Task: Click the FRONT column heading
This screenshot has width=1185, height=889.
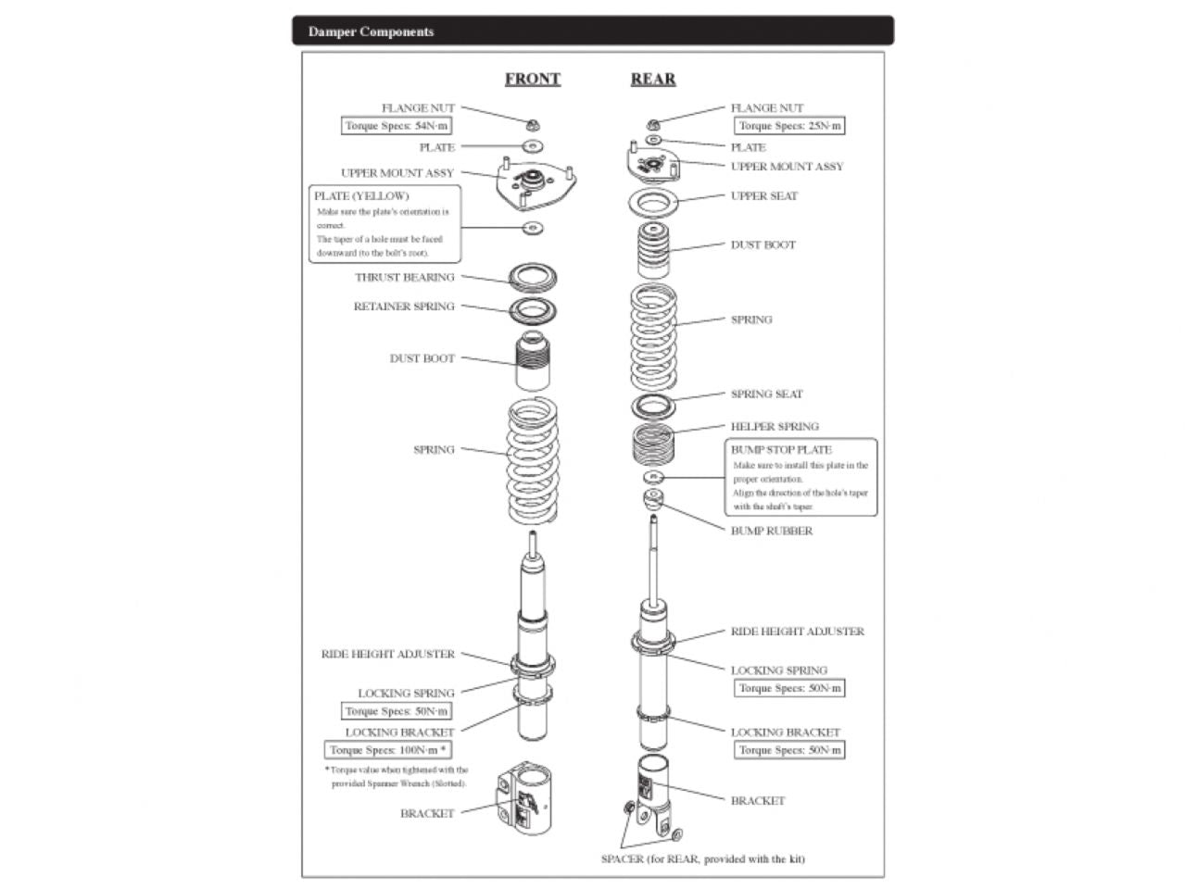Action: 532,80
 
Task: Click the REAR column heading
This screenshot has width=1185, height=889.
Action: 652,80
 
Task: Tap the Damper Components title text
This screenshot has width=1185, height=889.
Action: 371,31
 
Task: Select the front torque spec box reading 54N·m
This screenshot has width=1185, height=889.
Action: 397,126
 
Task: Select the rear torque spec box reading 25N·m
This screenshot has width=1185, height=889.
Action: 789,126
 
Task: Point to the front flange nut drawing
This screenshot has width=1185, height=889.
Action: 532,125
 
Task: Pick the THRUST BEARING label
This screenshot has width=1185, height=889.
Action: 405,277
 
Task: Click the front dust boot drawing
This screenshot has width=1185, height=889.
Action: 532,361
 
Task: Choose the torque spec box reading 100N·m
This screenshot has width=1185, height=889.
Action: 388,750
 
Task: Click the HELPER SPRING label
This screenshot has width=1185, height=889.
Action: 775,427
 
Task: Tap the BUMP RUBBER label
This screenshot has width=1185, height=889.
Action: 771,531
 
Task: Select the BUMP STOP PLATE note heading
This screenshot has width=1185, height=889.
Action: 781,450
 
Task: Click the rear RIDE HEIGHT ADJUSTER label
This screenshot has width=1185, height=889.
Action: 797,632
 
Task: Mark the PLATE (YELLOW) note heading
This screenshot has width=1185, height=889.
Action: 361,196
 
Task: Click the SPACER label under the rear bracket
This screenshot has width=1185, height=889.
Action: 702,858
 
